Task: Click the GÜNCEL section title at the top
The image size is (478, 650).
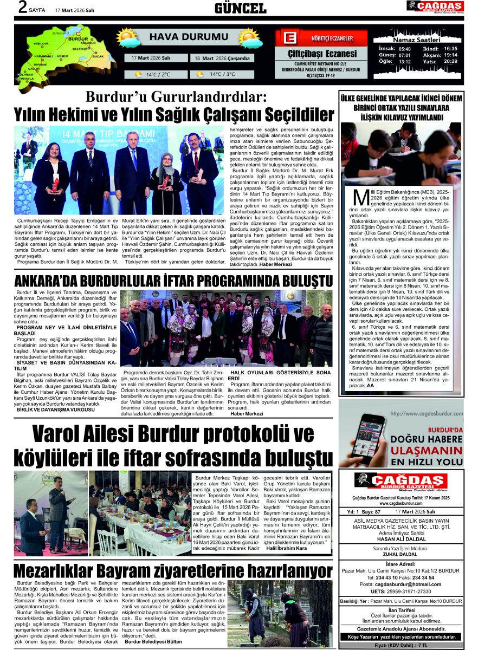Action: pyautogui.click(x=240, y=8)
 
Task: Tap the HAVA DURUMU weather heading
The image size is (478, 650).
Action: pyautogui.click(x=182, y=37)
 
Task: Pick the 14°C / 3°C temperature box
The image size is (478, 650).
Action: pyautogui.click(x=223, y=74)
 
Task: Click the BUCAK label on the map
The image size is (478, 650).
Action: pyautogui.click(x=98, y=56)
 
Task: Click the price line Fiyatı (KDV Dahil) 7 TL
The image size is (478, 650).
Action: pyautogui.click(x=401, y=646)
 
